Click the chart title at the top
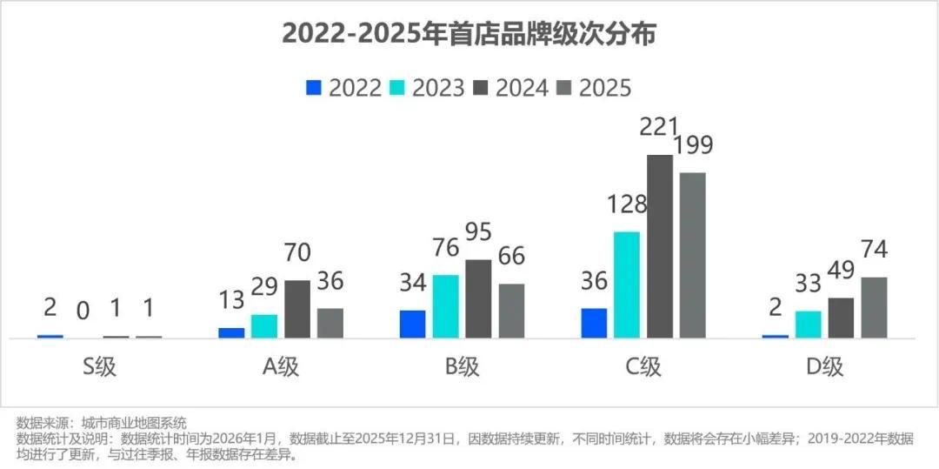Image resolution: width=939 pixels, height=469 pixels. click(469, 34)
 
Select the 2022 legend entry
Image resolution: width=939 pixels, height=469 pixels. click(344, 88)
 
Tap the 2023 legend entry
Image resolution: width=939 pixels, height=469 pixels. click(426, 88)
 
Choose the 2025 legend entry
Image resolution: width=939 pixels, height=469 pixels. click(594, 88)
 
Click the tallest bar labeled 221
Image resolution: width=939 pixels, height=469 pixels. click(660, 246)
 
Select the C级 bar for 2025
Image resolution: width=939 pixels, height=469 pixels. click(693, 255)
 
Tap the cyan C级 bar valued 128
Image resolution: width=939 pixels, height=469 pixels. click(627, 285)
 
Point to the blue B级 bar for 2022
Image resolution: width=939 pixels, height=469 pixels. click(413, 324)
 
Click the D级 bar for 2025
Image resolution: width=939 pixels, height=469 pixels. click(874, 307)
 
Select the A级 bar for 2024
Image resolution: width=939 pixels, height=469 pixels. click(297, 309)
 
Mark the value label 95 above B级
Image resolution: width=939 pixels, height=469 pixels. click(478, 233)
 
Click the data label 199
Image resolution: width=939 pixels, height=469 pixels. click(692, 145)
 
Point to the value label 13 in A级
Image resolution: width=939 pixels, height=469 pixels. click(231, 300)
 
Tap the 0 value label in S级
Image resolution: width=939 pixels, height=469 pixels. click(83, 311)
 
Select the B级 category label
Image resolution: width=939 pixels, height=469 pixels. click(462, 366)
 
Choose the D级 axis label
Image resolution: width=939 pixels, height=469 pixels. click(824, 366)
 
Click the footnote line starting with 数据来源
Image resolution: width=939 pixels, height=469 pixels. click(102, 423)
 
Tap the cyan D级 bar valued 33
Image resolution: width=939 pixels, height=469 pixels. click(809, 325)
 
